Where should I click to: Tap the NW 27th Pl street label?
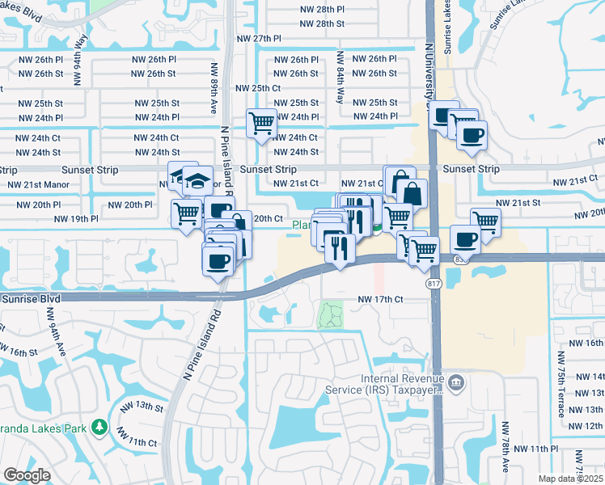coord(259,39)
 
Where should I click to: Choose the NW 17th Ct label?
coord(380,300)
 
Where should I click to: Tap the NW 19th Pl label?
coord(76,219)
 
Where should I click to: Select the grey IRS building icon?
coord(456,382)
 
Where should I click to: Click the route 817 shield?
coord(433,284)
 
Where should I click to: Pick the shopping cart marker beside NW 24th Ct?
coord(261,124)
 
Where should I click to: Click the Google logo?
coord(27,475)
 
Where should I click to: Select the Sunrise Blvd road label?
coord(31,299)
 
